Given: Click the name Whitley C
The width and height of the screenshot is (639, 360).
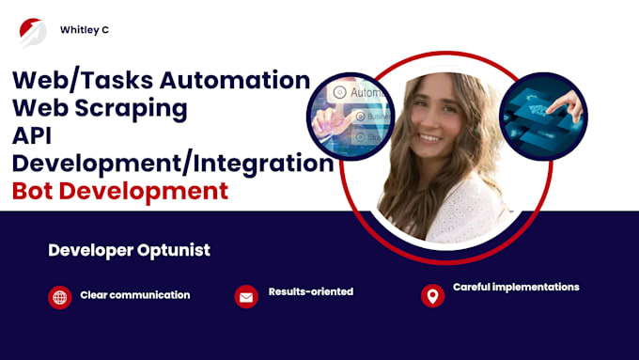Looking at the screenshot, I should click(x=84, y=29).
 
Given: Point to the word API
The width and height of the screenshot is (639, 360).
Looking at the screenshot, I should click(x=33, y=135).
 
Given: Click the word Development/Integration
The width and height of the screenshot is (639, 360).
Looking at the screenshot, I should click(x=173, y=164).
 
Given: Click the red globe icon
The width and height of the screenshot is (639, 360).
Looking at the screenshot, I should click(x=59, y=298).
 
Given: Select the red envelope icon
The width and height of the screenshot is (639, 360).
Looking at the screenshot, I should click(x=245, y=297).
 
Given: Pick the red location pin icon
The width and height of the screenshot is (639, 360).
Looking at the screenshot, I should click(x=432, y=296).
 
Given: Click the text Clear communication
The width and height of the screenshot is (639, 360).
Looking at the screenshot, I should click(x=135, y=295).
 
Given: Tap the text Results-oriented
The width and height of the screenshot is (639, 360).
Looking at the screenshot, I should click(x=310, y=291).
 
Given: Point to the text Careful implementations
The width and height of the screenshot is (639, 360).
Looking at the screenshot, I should click(x=516, y=287).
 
